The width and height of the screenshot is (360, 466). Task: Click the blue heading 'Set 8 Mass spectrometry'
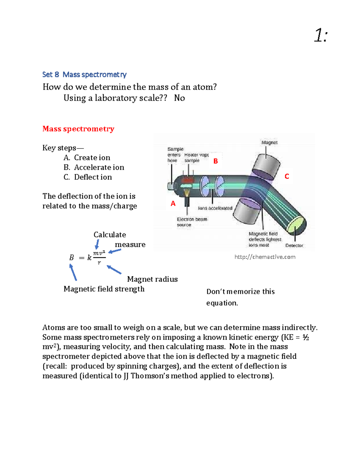[x=84, y=74]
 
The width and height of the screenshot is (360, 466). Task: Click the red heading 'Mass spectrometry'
[x=78, y=129]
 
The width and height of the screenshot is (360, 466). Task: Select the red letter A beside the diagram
[x=173, y=204]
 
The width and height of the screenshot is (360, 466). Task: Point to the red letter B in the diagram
[x=215, y=161]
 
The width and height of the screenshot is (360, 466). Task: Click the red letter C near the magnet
[x=287, y=176]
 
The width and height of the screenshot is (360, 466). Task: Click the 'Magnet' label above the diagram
[x=269, y=143]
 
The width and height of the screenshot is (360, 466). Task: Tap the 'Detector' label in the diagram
[x=294, y=245]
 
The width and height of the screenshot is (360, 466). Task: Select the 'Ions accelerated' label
[x=215, y=208]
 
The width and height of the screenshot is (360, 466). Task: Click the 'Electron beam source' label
[x=192, y=222]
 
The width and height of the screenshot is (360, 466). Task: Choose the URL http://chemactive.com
[x=265, y=257]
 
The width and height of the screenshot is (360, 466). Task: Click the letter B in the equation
[x=71, y=258]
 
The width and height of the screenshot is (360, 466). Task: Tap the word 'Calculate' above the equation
[x=109, y=235]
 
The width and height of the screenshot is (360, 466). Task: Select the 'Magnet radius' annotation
[x=152, y=279]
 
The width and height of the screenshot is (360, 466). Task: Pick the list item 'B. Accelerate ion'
[x=94, y=167]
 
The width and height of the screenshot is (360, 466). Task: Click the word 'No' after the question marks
[x=179, y=98]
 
